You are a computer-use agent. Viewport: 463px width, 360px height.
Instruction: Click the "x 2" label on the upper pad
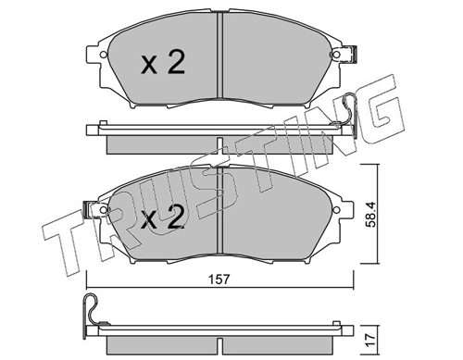click(x=163, y=63)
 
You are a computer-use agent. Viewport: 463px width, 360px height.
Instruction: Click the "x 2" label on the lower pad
click(x=163, y=218)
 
